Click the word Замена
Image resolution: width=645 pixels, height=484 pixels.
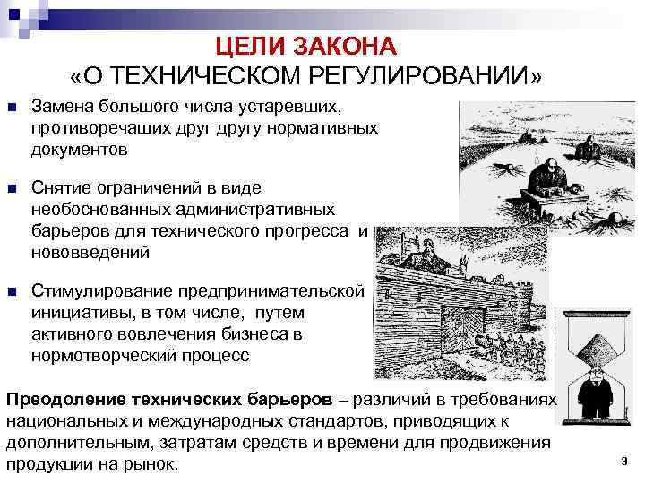click(x=61, y=108)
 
